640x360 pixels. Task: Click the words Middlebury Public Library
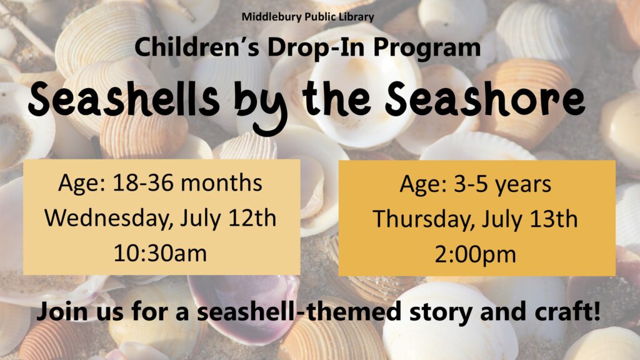[307, 17]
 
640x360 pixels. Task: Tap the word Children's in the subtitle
[197, 47]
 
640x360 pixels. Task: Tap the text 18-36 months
[187, 182]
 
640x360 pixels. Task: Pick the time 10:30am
[161, 253]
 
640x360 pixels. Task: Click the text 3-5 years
[502, 184]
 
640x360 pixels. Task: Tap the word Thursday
[424, 219]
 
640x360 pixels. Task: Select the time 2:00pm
[475, 255]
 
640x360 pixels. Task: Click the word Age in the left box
[82, 184]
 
